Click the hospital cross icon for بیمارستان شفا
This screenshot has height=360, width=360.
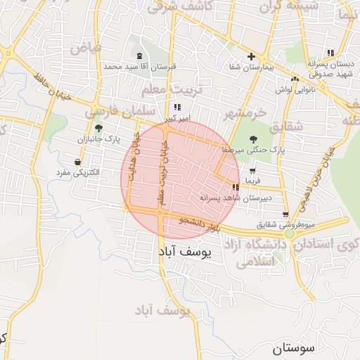click(251, 56)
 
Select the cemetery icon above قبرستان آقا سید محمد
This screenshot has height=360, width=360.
click(140, 56)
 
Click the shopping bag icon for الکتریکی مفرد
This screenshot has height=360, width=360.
click(77, 162)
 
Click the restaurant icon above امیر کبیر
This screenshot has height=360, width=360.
click(176, 107)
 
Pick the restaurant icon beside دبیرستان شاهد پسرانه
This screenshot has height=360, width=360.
click(234, 187)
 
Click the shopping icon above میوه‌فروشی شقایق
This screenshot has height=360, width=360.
click(285, 215)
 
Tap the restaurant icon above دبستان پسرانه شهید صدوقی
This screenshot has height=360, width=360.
click(329, 52)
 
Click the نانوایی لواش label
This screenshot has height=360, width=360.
click(308, 89)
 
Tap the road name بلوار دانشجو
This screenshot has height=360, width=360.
click(201, 223)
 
